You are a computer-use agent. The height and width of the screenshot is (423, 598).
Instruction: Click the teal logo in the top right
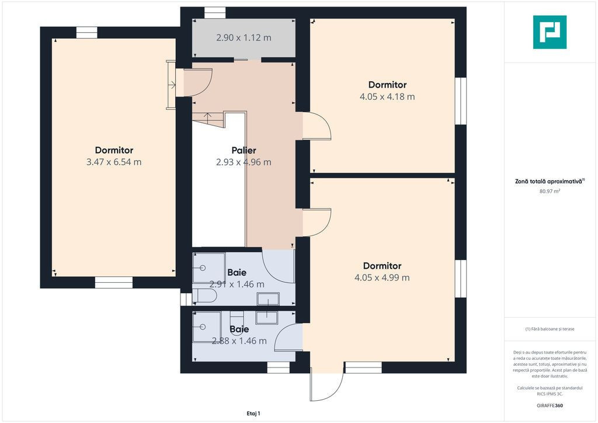(550, 32)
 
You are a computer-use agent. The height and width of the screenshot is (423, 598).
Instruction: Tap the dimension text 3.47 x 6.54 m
(114, 162)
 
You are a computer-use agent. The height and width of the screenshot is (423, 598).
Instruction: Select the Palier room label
(244, 150)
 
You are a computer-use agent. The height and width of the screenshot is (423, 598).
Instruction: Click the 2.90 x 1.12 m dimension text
(244, 38)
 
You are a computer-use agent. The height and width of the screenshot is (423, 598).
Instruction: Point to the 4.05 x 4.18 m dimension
(387, 96)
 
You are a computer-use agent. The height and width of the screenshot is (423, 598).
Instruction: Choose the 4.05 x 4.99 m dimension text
(382, 278)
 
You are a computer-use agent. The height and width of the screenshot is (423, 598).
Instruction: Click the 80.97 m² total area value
(550, 192)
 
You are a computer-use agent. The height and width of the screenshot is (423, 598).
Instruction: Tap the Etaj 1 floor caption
(253, 414)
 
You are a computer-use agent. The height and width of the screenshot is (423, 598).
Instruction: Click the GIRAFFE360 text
(550, 405)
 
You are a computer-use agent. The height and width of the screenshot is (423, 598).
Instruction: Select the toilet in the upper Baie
(204, 296)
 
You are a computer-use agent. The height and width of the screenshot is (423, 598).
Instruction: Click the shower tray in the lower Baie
(207, 327)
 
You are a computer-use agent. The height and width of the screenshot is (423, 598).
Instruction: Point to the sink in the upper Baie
(268, 299)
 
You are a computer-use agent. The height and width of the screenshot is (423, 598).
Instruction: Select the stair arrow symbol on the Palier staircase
(208, 117)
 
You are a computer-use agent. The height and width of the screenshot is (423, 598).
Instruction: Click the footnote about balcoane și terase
(550, 329)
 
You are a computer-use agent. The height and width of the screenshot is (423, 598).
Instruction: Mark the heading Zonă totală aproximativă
(550, 182)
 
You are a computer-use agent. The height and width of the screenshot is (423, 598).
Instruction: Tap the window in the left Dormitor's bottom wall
(114, 283)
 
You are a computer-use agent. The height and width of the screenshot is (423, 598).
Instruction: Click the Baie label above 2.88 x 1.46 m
(239, 329)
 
